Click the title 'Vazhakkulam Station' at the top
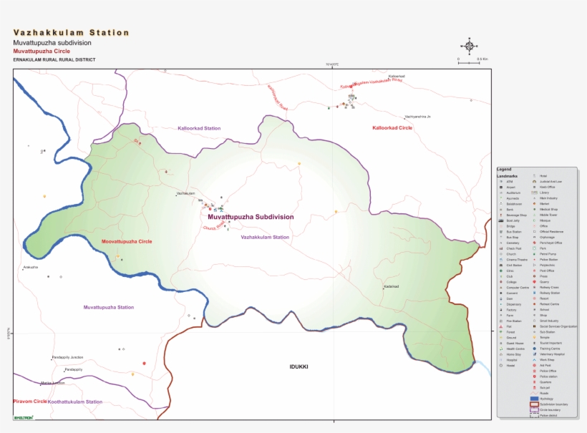click(x=72, y=33)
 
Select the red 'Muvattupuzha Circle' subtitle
click(x=42, y=52)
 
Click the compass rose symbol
click(x=469, y=46)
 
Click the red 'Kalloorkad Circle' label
click(x=392, y=127)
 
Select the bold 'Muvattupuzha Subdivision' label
click(x=251, y=216)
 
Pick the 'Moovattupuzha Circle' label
click(x=127, y=242)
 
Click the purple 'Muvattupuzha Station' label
click(x=108, y=307)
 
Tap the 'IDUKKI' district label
click(x=299, y=366)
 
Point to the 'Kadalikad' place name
click(x=391, y=286)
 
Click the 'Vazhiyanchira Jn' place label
click(x=417, y=117)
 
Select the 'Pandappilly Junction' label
click(x=67, y=356)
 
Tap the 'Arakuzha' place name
click(x=30, y=267)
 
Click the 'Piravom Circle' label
click(x=30, y=402)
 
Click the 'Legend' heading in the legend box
click(x=504, y=169)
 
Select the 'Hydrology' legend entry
click(x=547, y=399)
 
